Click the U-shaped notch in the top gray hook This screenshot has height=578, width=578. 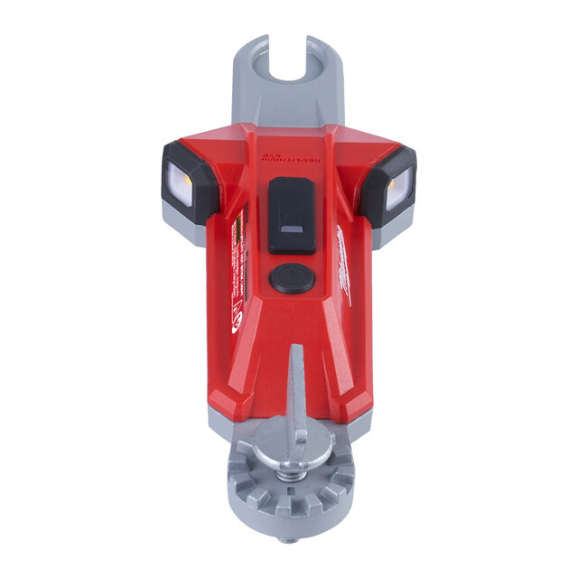pos(289,60)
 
